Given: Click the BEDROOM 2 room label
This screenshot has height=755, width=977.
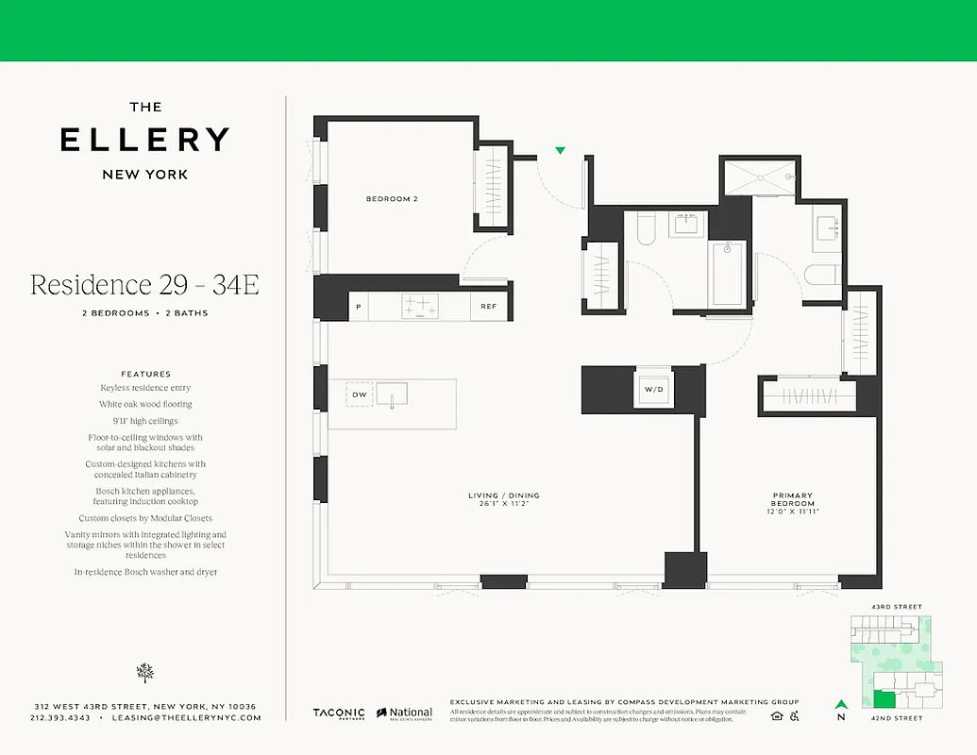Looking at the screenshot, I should [x=392, y=199].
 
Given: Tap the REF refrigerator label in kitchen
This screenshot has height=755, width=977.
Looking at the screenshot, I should [x=488, y=307].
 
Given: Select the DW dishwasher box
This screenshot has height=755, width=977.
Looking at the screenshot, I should [x=359, y=394].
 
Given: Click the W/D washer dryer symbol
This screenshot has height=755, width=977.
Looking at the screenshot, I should [x=654, y=390].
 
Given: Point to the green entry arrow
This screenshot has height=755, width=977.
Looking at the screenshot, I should [x=560, y=150].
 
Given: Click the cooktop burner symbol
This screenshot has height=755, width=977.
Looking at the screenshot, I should [x=421, y=307].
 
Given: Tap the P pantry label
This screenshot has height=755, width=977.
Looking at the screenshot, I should [x=359, y=307].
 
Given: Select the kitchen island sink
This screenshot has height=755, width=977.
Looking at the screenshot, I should [x=392, y=393].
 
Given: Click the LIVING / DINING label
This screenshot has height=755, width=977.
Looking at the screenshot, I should [x=503, y=495].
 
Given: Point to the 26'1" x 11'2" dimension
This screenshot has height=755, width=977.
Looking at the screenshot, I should [x=503, y=504].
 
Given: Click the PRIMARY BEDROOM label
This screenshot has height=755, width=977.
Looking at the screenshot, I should [x=792, y=500].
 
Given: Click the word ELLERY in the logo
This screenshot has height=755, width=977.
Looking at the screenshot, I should [x=144, y=140].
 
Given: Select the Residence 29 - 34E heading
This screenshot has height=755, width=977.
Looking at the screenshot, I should [x=144, y=285].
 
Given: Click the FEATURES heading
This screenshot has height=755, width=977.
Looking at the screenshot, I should [x=145, y=374].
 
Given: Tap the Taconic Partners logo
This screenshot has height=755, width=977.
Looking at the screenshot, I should [x=339, y=713].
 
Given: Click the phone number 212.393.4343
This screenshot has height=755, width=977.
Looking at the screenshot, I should [x=60, y=718].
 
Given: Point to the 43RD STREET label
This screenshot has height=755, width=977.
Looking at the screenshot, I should [x=897, y=607].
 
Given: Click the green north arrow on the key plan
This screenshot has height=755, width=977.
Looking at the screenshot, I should [x=839, y=703].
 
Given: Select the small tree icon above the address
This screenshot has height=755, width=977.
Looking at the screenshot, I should [x=144, y=672].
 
